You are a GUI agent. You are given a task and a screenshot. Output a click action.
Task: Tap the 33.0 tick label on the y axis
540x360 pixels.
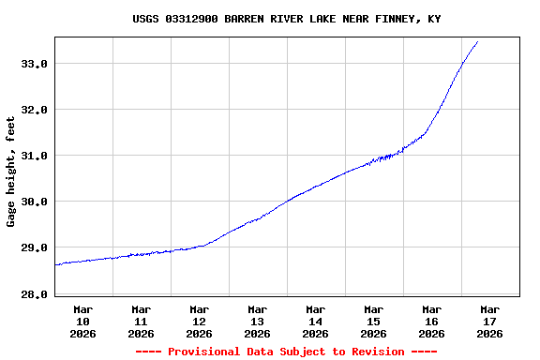(34, 64)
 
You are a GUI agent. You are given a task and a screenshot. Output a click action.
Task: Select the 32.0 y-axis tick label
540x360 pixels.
(34, 110)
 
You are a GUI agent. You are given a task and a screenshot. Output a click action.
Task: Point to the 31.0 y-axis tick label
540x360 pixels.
(34, 156)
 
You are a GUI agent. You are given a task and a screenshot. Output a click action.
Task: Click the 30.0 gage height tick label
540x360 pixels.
(34, 202)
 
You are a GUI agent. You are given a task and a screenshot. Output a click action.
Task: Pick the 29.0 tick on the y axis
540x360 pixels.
(34, 247)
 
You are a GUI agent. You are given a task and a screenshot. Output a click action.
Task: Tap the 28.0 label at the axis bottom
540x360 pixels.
(34, 294)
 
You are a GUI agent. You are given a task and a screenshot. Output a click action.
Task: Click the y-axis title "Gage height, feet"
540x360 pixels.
(11, 172)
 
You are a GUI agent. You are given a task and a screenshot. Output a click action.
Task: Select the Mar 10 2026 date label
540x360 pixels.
(83, 321)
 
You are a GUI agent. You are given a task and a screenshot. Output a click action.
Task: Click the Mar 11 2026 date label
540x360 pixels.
(142, 321)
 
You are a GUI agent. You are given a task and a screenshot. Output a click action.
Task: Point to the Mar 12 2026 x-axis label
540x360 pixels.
(200, 321)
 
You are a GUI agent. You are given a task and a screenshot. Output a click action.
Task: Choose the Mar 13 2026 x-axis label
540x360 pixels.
(258, 321)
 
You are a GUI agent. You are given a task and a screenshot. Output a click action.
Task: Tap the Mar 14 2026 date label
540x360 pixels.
(316, 321)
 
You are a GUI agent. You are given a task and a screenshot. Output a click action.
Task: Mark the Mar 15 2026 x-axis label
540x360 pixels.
(374, 321)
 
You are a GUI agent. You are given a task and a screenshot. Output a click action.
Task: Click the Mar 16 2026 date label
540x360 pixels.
(432, 321)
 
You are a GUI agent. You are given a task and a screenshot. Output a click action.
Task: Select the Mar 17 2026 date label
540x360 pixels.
(490, 321)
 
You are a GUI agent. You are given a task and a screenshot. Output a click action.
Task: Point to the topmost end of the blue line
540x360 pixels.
(477, 41)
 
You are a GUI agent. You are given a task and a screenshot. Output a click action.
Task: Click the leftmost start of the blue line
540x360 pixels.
(55, 264)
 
